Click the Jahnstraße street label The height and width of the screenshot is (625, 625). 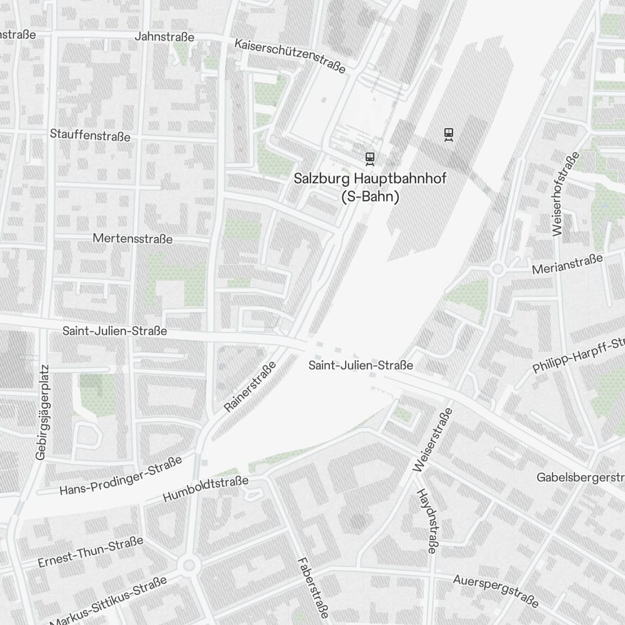[x=164, y=37]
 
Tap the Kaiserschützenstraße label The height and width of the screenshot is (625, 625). [x=290, y=56]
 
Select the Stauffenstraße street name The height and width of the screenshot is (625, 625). [x=90, y=136]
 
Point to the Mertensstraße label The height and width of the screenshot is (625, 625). [x=132, y=239]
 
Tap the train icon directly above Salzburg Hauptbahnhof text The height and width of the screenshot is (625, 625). [x=370, y=158]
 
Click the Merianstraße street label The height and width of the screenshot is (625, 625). [x=567, y=264]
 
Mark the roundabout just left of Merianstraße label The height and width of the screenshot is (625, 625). [x=497, y=269]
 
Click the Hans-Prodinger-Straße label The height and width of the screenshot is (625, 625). [x=121, y=476]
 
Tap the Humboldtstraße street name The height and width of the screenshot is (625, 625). [x=206, y=489]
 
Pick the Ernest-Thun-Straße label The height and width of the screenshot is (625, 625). [x=91, y=552]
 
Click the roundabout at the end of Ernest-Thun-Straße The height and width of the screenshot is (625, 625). [x=188, y=566]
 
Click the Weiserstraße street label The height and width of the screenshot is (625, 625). [x=432, y=441]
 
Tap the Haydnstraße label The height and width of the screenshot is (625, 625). [x=426, y=521]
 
